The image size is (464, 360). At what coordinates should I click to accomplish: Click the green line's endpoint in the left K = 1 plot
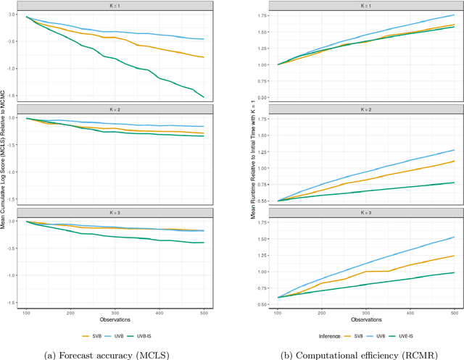204,96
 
